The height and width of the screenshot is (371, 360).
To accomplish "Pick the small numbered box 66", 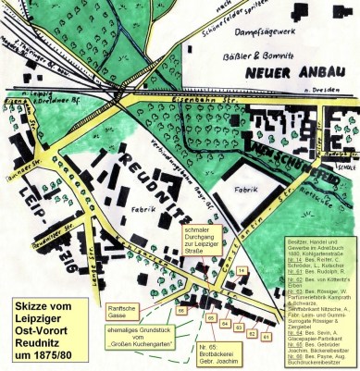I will [182, 311].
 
